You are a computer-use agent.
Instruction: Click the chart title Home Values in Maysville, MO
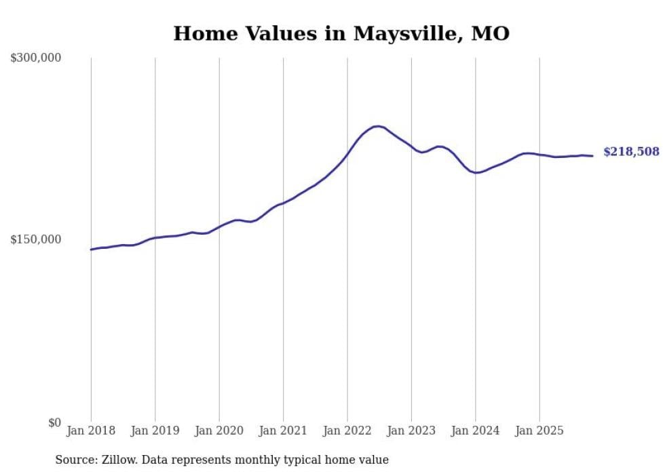[x=341, y=33]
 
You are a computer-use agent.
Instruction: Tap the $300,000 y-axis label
[x=36, y=58]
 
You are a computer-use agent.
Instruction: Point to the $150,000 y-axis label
[x=36, y=239]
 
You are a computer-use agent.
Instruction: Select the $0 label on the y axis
[x=54, y=422]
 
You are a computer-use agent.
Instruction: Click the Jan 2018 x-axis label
[x=91, y=431]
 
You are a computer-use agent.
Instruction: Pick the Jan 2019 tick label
[x=155, y=431]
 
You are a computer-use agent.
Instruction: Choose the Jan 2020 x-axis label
[x=219, y=431]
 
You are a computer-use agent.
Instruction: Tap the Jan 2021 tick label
[x=283, y=431]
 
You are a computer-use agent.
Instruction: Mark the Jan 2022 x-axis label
[x=347, y=431]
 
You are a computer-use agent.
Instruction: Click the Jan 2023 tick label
[x=411, y=431]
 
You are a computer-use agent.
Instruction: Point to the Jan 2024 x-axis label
[x=476, y=431]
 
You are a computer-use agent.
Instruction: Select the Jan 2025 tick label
[x=539, y=431]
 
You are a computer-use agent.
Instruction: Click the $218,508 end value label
[x=631, y=152]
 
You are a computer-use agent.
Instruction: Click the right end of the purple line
[x=592, y=156]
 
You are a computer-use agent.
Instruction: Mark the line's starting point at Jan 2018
[x=91, y=250]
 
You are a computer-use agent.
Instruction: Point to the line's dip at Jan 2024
[x=477, y=172]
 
